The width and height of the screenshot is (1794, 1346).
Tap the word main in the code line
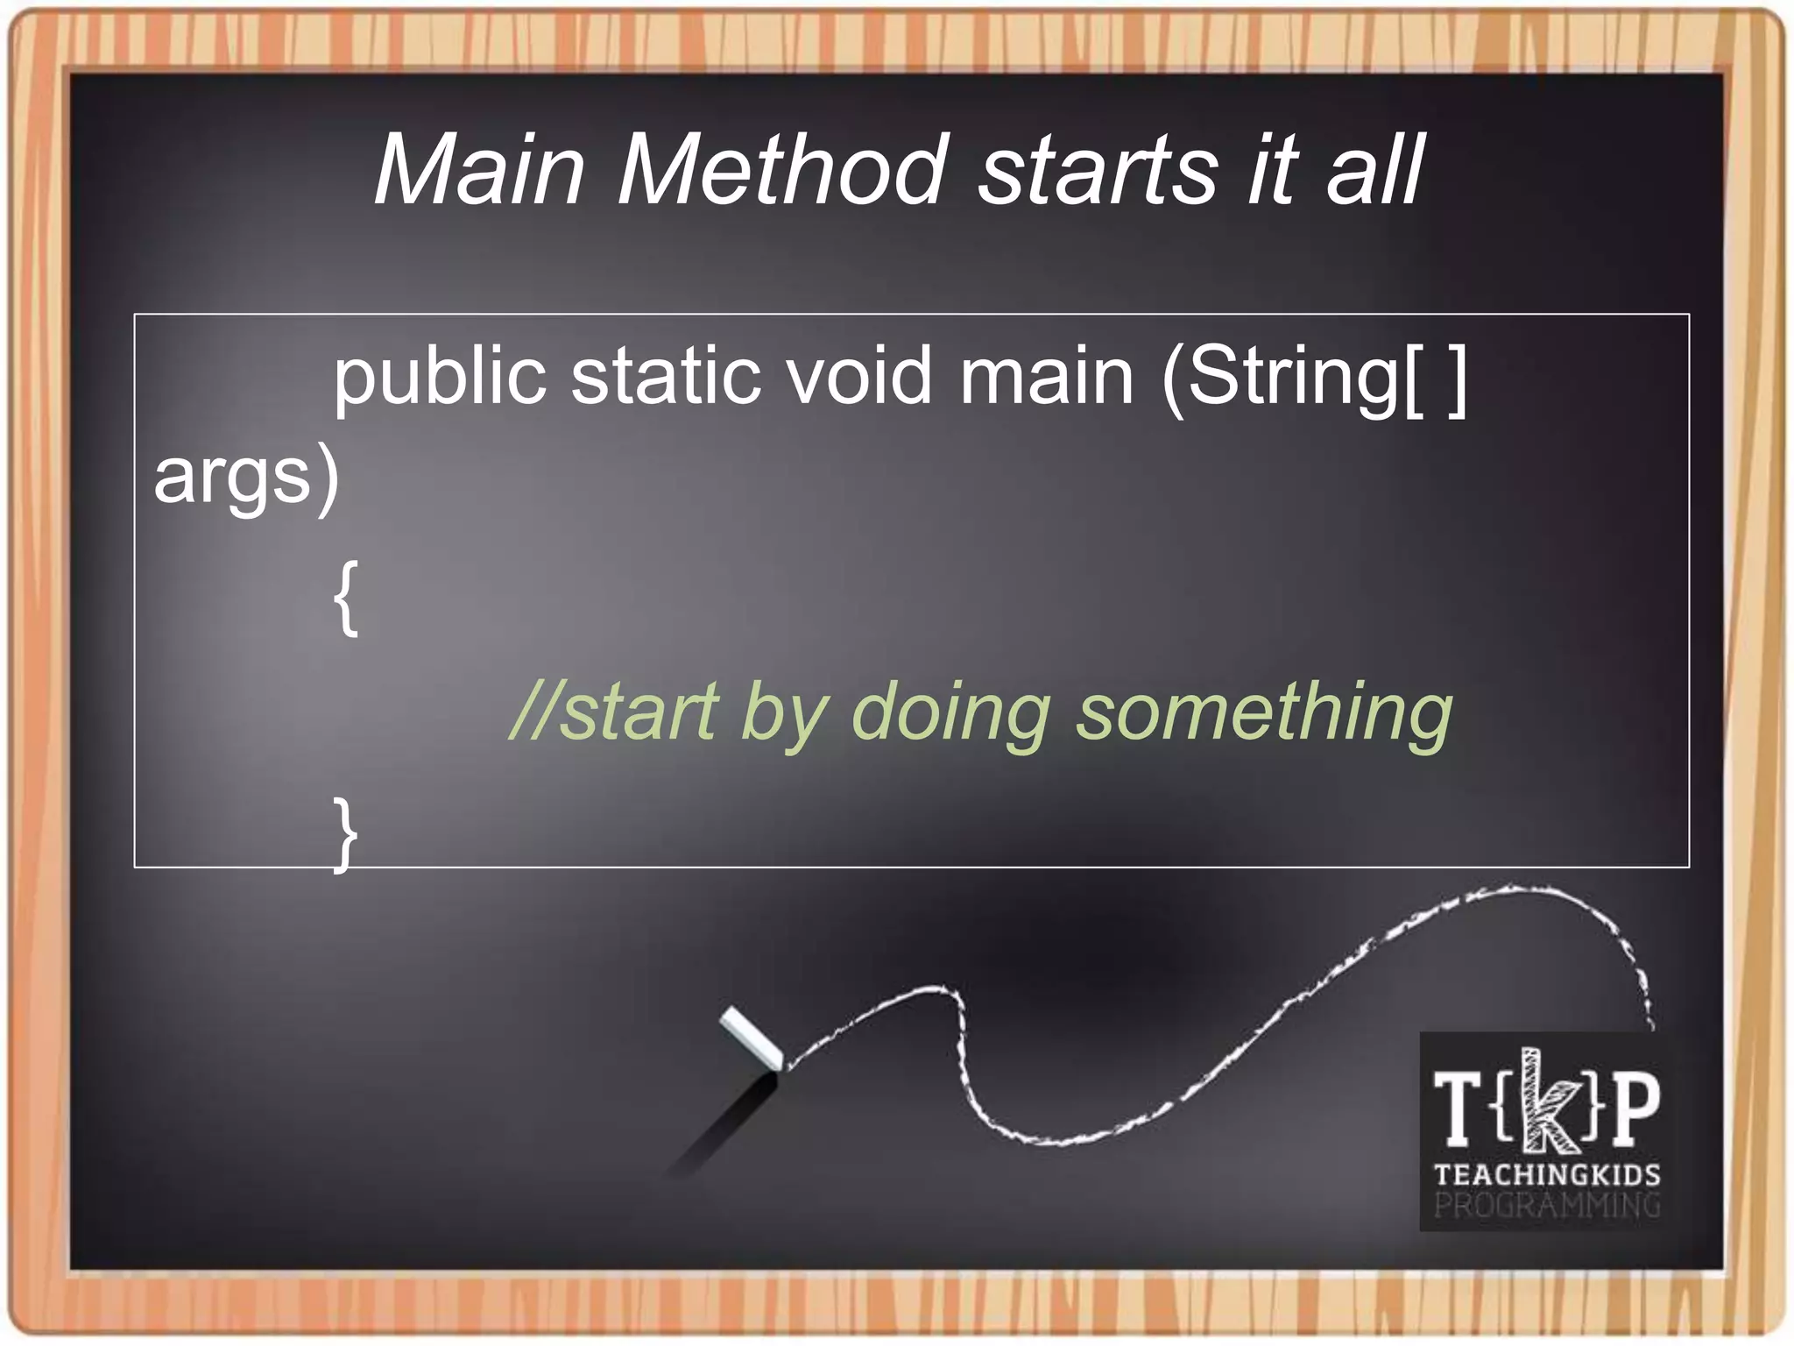1047,377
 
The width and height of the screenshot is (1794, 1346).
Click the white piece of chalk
752,1039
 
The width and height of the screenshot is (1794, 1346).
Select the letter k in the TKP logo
1547,1101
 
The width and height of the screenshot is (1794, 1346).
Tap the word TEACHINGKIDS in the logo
1547,1174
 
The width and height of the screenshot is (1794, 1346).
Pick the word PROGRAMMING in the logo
1547,1206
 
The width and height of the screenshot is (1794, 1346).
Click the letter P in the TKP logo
1635,1108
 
